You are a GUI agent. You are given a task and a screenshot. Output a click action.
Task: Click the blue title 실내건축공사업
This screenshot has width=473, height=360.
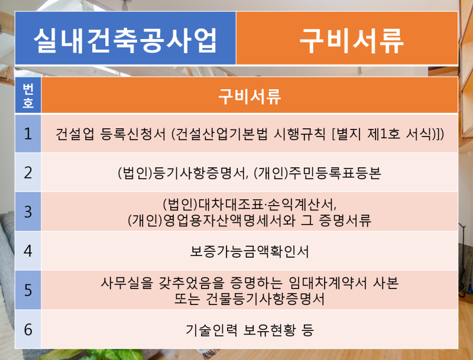point(125,40)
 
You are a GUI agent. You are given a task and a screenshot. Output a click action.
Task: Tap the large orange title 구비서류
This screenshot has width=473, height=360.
point(351,41)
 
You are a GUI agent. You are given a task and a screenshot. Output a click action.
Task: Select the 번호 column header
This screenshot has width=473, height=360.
point(28,95)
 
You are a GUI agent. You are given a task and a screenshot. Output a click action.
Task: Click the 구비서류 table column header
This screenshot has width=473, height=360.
point(250,96)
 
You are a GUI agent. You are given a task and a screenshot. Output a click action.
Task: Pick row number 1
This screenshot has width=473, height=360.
point(28,134)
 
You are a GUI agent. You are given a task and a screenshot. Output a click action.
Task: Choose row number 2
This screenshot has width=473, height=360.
point(28,173)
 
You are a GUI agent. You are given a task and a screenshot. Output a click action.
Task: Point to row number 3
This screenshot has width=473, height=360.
point(28,212)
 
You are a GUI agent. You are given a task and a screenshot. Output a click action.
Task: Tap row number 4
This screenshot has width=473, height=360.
point(28,251)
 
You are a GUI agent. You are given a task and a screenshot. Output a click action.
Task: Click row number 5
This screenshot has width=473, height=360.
point(28,290)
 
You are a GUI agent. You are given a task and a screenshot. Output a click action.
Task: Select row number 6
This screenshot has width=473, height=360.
point(28,329)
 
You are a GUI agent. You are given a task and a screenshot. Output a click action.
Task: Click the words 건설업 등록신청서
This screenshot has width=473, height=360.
point(111,134)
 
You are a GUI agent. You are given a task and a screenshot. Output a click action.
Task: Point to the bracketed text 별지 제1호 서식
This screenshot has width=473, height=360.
point(384,134)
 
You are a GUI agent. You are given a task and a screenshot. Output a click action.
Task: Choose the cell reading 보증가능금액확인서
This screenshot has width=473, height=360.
point(250,251)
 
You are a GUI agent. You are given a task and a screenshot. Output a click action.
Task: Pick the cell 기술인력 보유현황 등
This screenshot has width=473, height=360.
point(250,330)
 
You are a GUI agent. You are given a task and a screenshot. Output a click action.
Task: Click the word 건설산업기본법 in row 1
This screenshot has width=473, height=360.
point(221,134)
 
